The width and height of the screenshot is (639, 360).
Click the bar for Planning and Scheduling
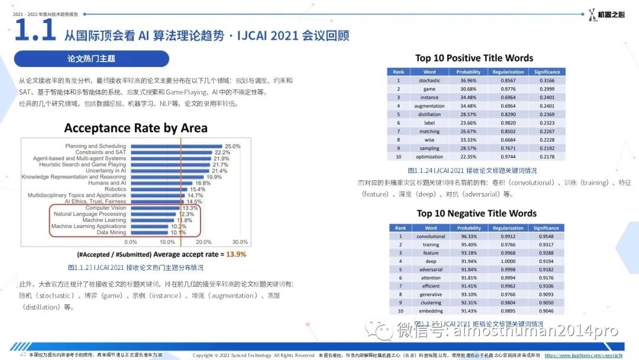[175, 146]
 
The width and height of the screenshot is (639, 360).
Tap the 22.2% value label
[222, 153]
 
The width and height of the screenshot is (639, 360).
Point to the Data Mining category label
[111, 233]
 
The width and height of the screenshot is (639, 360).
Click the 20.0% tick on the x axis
[204, 242]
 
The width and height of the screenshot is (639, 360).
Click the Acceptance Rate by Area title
[135, 128]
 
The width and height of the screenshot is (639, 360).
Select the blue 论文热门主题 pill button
[91, 59]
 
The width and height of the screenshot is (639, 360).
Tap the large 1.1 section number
[34, 31]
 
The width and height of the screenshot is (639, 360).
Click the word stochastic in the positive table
[430, 81]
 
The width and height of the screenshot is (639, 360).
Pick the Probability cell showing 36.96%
[469, 81]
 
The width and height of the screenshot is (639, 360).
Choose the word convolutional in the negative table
[431, 236]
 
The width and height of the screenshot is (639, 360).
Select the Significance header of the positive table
[547, 72]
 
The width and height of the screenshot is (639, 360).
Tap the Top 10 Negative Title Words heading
[476, 213]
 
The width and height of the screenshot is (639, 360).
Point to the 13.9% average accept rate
[236, 255]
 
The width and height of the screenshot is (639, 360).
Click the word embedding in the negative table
[431, 311]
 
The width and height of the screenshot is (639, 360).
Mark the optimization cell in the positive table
[430, 157]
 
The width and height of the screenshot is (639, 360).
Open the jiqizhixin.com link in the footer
[589, 355]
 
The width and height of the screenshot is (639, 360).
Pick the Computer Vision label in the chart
[106, 208]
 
